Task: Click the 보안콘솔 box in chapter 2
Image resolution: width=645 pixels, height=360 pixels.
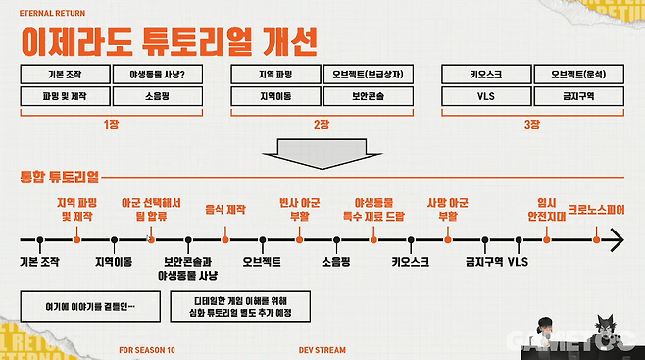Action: point(368,96)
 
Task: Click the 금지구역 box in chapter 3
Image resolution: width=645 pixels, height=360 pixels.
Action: point(580,96)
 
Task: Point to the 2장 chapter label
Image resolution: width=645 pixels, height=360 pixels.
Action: point(322,124)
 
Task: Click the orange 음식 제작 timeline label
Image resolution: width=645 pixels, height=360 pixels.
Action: point(225,210)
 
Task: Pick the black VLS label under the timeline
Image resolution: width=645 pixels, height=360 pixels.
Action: point(518,262)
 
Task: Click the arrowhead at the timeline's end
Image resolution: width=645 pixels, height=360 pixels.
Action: point(615,238)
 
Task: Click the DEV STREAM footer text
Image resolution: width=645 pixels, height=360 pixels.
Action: point(322,349)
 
